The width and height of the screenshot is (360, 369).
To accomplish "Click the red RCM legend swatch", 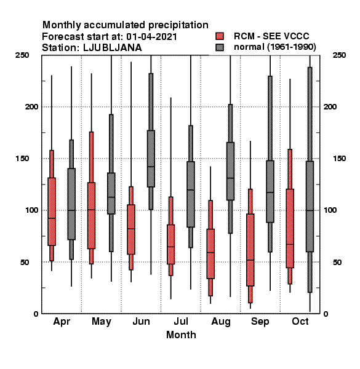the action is coord(220,36).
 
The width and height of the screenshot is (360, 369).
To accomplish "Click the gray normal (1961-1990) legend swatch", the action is coord(220,47).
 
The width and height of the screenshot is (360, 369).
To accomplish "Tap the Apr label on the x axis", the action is coord(62,322).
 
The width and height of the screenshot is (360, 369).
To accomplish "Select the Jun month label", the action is coord(141,321).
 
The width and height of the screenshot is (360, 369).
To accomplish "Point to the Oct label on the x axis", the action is coord(300,321).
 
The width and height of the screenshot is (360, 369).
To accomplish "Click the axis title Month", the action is coord(181,335).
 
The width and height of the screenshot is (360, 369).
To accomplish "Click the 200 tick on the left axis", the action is coord(31,106).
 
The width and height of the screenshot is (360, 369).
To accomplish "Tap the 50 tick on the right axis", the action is coord(337,262).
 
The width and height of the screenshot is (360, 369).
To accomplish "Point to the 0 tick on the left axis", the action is coord(36,314).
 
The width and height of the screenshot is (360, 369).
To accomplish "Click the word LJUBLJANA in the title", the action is coord(113,48).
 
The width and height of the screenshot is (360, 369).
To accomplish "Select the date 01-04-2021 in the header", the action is coord(151,37).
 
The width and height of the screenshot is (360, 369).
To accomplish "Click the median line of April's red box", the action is coord(52,218).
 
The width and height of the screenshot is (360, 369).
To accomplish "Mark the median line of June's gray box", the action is coord(151,167).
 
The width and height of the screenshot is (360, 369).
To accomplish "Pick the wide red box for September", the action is coord(250,250).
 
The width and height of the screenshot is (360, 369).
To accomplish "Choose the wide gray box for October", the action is coord(310,207).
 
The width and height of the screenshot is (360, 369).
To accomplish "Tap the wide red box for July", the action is coord(170,244).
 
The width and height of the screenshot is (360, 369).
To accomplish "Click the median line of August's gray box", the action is coord(230,178).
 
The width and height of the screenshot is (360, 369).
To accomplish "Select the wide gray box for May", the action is coord(111,194).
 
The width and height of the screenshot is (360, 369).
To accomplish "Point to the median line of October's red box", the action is coord(290,244).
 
